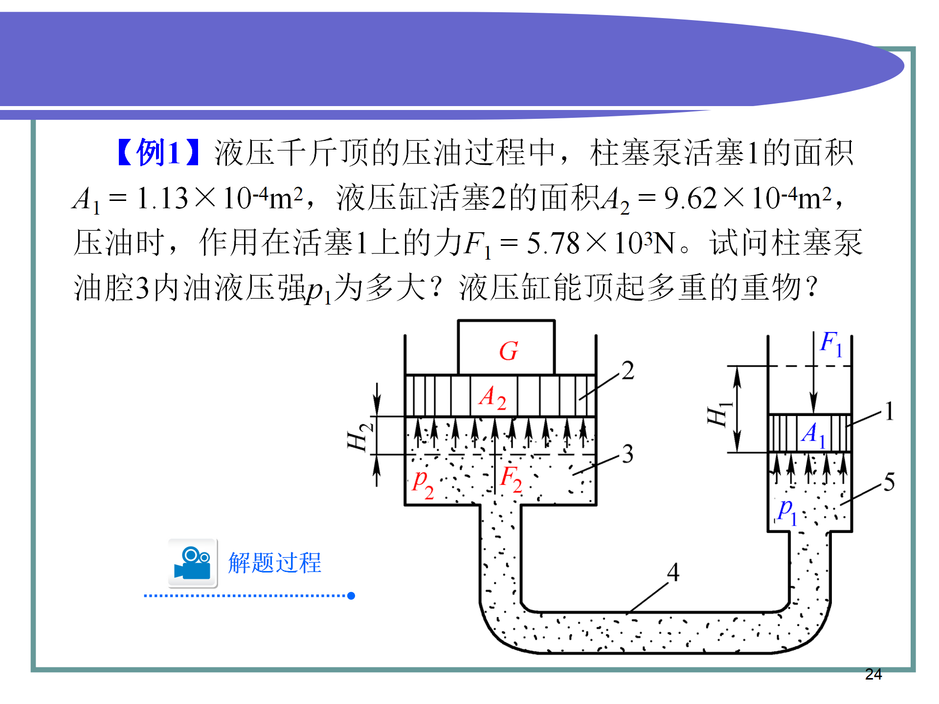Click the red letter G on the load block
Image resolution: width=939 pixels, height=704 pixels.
pos(508,351)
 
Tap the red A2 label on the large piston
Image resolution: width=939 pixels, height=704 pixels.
pos(492,397)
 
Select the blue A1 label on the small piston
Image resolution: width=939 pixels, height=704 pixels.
pos(813,434)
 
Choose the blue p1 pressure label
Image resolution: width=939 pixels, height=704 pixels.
pos(787,511)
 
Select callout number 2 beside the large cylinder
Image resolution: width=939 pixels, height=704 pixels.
pos(627,370)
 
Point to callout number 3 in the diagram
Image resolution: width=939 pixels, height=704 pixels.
pos(627,454)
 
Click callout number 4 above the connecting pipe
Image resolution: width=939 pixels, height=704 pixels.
pos(673,572)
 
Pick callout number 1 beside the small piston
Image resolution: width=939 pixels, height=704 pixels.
pos(889,411)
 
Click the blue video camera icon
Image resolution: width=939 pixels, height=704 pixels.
pos(193,563)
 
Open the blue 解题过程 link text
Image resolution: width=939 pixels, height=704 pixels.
pos(274,563)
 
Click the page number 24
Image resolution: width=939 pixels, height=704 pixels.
pos(873,674)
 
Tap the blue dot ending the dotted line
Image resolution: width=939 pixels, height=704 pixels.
pos(351,595)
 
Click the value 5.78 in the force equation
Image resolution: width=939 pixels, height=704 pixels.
pos(553,243)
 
